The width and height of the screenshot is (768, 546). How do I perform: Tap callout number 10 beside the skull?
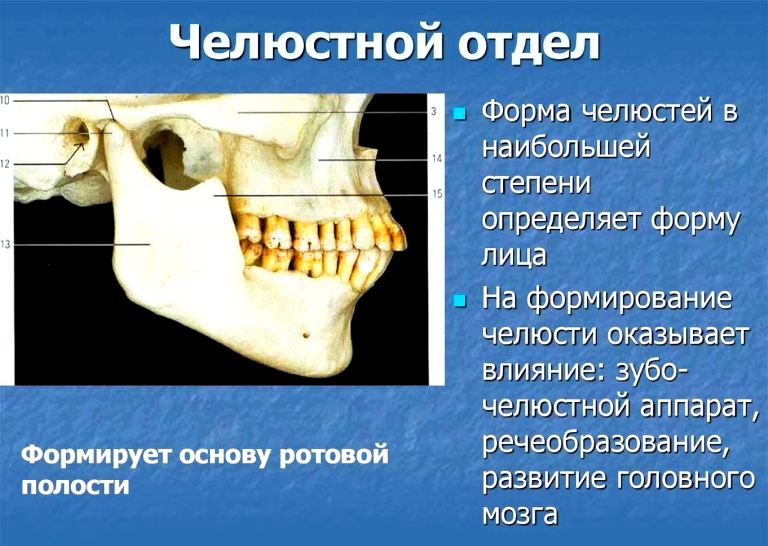[x=4, y=101]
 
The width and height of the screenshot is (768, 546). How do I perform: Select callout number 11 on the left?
[x=4, y=133]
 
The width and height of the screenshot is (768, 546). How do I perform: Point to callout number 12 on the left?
[x=4, y=164]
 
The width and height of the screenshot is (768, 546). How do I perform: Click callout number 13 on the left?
[x=5, y=244]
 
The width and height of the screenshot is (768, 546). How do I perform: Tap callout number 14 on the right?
[x=437, y=159]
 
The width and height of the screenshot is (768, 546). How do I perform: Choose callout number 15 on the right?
[x=437, y=194]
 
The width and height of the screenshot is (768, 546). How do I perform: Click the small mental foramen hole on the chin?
[x=306, y=335]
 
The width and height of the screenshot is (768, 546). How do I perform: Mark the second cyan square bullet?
[x=459, y=300]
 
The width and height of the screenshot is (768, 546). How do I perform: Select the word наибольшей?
[x=567, y=147]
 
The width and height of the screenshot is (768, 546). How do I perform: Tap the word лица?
[x=514, y=256]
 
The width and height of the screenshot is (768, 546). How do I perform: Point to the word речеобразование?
[x=603, y=443]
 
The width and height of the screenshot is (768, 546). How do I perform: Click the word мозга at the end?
[x=520, y=514]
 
